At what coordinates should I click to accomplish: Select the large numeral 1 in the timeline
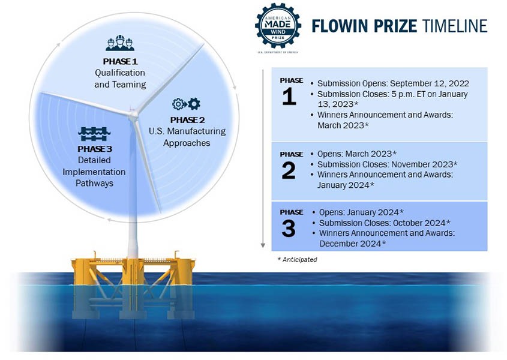[x=289, y=96]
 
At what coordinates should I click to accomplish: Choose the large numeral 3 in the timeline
[x=289, y=229]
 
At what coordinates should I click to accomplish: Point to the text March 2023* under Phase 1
[x=343, y=125]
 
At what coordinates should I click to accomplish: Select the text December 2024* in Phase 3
[x=352, y=243]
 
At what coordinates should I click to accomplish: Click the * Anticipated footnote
[x=297, y=260]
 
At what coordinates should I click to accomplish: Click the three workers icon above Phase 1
[x=119, y=44]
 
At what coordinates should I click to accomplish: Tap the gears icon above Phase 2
[x=186, y=104]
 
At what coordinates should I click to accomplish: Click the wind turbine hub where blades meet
[x=133, y=112]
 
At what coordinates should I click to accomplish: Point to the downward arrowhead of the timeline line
[x=263, y=245]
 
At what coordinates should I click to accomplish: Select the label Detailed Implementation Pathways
[x=94, y=172]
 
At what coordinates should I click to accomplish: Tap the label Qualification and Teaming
[x=120, y=79]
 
